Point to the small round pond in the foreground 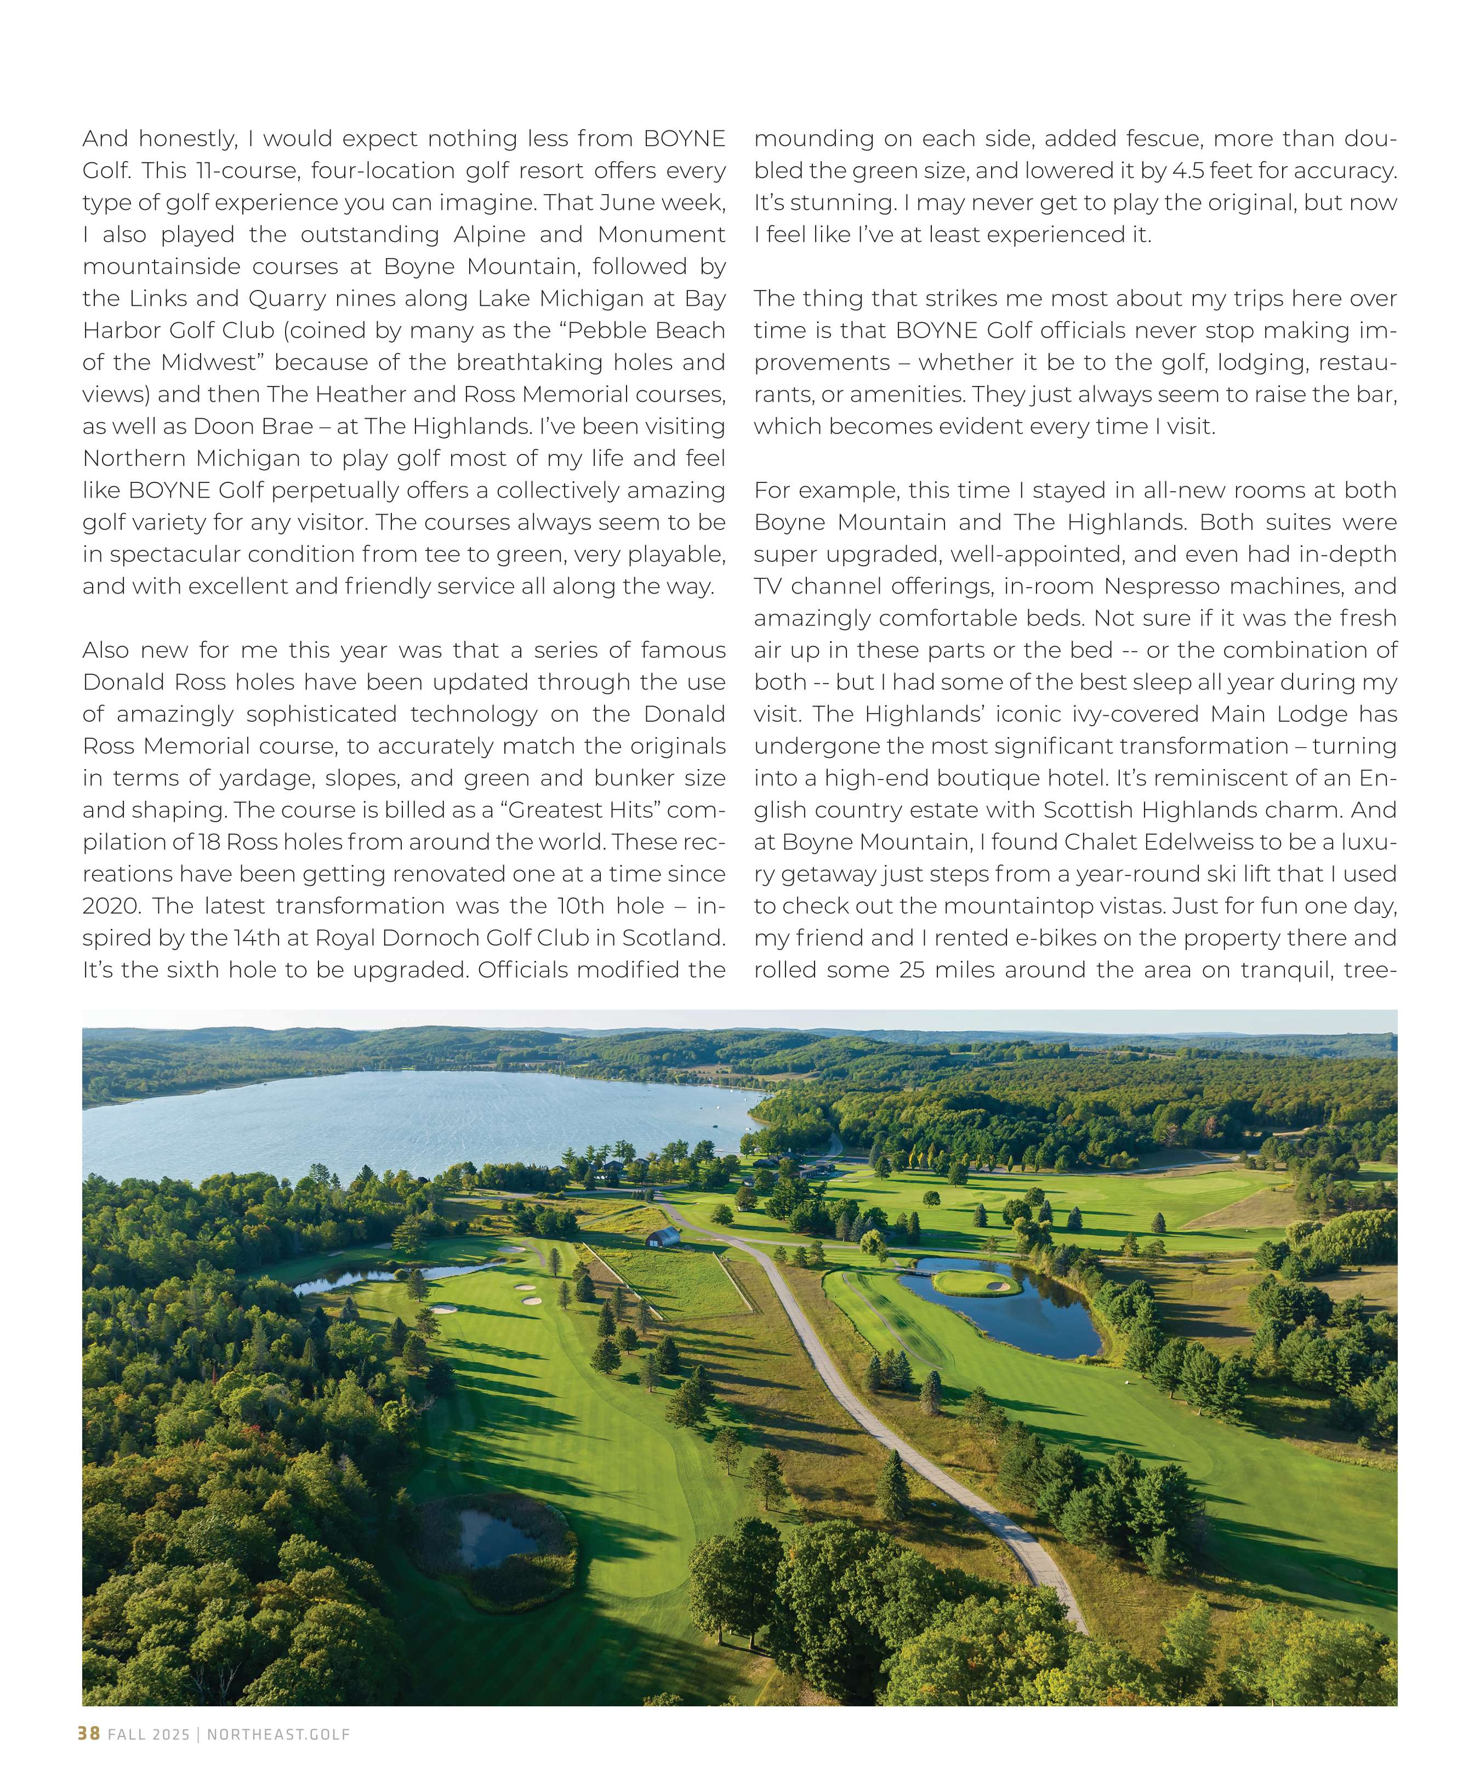[497, 1538]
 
